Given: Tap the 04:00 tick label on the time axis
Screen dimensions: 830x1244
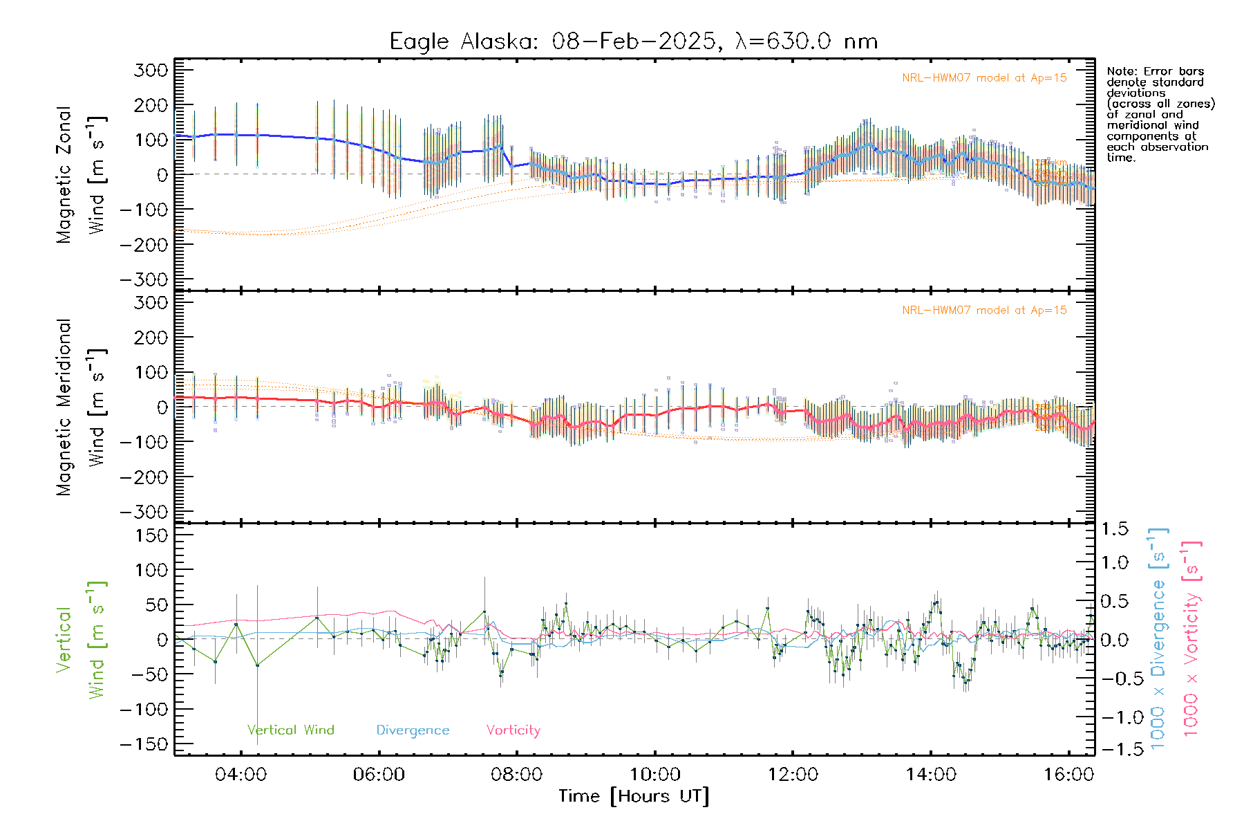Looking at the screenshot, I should tap(241, 775).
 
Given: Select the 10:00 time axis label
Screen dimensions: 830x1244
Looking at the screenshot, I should tap(654, 775).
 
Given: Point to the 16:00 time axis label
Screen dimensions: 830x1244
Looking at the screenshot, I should tap(1068, 775).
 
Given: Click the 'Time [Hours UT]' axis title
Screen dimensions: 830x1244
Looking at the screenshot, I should tap(634, 797).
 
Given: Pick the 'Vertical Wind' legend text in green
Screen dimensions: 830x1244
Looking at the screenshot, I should tap(290, 730).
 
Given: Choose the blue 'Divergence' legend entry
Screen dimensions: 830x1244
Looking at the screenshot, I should tap(413, 730).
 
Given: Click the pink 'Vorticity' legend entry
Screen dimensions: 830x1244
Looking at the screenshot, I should tap(513, 730).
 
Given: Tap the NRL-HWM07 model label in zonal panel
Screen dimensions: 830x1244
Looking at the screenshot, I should tap(984, 78).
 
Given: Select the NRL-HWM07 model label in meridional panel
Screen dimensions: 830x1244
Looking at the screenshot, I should tap(984, 311).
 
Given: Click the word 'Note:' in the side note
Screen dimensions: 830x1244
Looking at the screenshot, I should tap(1120, 71).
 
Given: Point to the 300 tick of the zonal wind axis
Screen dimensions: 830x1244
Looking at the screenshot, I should tap(151, 70).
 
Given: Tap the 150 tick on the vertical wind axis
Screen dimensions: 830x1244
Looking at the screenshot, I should tap(151, 535).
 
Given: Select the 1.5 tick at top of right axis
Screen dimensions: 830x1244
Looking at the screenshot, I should tap(1114, 529).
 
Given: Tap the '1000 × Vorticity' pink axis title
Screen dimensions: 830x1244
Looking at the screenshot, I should tap(1191, 638).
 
